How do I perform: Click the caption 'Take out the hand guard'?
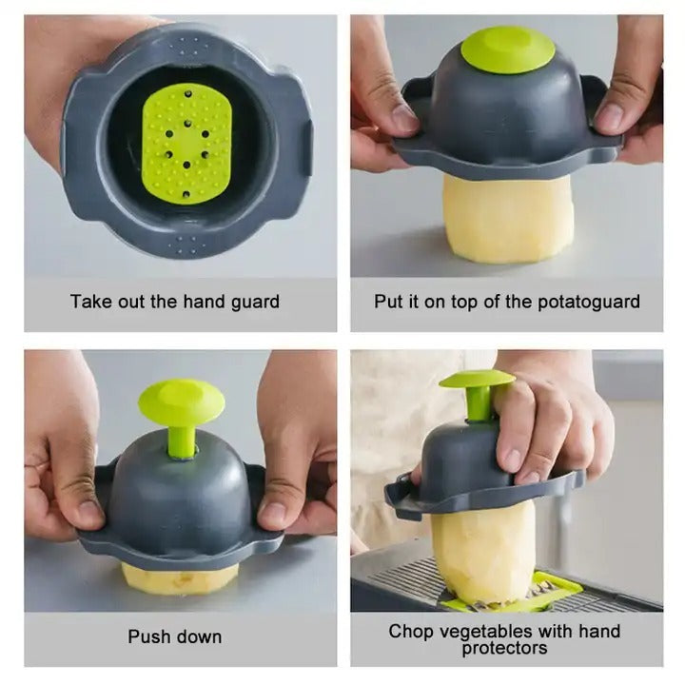pyautogui.click(x=175, y=303)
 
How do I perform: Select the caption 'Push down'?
pyautogui.click(x=175, y=636)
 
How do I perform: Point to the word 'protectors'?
pyautogui.click(x=504, y=648)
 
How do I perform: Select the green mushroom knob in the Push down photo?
pyautogui.click(x=181, y=401)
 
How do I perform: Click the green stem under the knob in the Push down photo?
pyautogui.click(x=181, y=440)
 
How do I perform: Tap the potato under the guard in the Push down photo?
pyautogui.click(x=181, y=578)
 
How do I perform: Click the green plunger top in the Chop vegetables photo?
pyautogui.click(x=476, y=380)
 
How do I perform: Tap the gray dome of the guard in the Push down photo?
pyautogui.click(x=181, y=485)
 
